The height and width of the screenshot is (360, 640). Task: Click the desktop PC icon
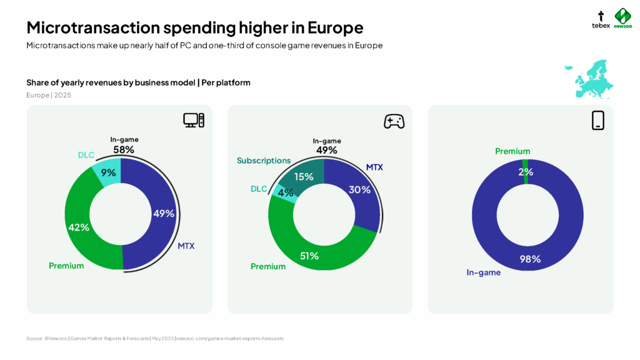[194, 121]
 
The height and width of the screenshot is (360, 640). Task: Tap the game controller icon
[394, 121]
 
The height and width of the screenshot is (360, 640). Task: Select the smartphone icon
[597, 121]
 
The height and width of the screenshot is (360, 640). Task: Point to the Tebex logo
[601, 19]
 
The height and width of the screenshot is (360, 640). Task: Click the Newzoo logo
[622, 19]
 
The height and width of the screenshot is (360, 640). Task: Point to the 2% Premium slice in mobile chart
[525, 171]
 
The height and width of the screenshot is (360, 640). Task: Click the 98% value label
[531, 259]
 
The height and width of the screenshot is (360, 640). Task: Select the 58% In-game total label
[124, 150]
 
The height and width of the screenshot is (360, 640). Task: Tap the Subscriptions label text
[264, 161]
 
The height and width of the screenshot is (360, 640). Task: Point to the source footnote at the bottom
[155, 338]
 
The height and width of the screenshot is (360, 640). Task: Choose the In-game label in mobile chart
[484, 272]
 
